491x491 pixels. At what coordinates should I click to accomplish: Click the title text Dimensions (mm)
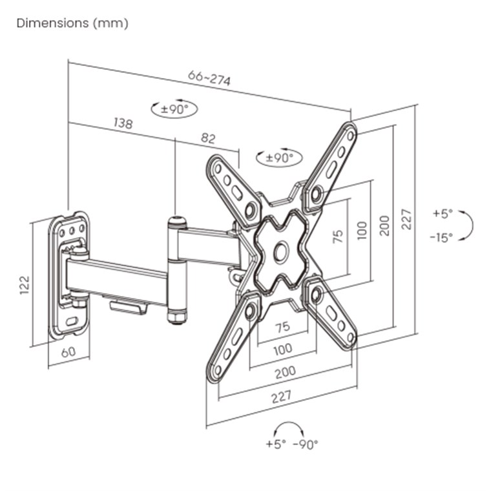coord(72,23)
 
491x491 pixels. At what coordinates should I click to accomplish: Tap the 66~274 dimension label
coord(209,78)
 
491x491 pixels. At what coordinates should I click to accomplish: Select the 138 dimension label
coord(123,123)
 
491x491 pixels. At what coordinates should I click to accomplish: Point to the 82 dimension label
coord(208,138)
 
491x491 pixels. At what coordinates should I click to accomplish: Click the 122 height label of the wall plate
coord(25,285)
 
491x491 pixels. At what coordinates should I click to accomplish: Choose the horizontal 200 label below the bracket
coord(285,371)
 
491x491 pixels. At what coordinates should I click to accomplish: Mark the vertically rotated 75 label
coord(337,236)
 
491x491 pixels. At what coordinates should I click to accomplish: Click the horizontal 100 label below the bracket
coord(282,349)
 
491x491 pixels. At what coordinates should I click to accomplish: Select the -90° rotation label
coord(306,444)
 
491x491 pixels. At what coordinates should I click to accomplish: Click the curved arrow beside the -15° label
coord(468,225)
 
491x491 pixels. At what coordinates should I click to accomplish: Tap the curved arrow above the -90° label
coord(289,429)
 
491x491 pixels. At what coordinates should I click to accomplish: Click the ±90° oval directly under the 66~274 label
coord(174,109)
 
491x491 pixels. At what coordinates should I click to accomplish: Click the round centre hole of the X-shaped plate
coord(280,251)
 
